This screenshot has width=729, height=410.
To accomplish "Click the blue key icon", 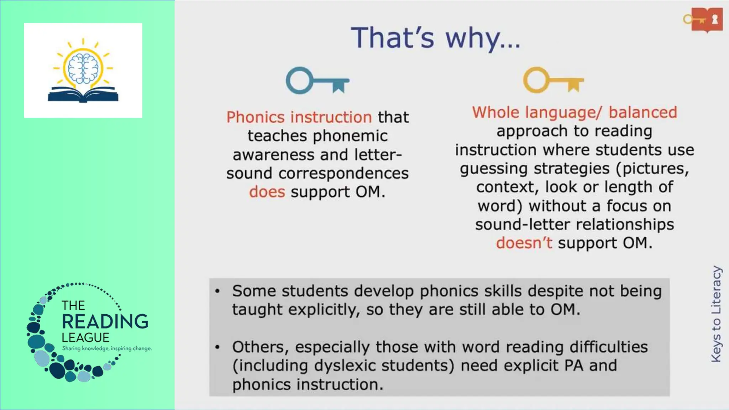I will [317, 81].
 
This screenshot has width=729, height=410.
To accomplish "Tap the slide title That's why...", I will [435, 38].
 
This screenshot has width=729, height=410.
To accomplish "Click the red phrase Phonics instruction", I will [299, 117].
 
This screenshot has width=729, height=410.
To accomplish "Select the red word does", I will [267, 192].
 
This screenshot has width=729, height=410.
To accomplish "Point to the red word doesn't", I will [524, 243].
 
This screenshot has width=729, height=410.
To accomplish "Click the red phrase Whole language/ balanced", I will [574, 112].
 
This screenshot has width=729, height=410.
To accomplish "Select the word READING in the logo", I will [105, 321].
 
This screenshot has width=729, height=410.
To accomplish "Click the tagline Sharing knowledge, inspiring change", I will [107, 348].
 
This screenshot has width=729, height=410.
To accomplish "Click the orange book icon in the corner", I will [707, 20].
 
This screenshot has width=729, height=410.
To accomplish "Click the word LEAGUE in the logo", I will [85, 337].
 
